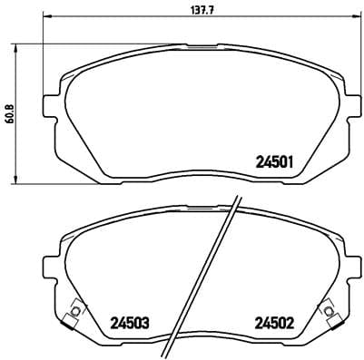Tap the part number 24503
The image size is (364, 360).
[130, 322]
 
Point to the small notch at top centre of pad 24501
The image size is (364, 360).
[200, 45]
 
